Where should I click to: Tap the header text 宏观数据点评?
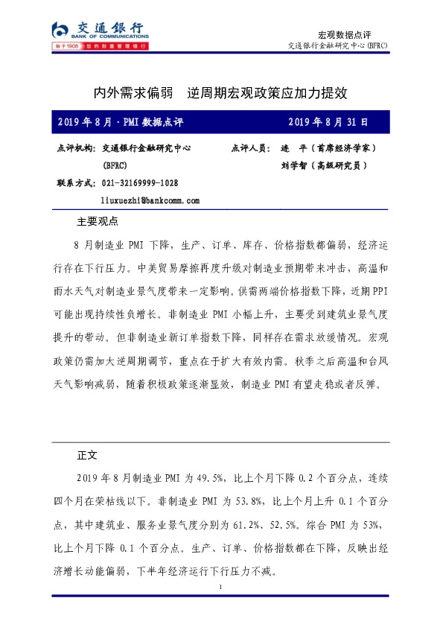[x=344, y=35]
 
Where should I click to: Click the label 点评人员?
[x=251, y=148]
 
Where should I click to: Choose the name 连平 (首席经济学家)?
[x=322, y=148]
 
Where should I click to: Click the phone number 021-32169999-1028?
[x=140, y=183]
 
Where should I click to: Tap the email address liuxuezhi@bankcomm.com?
[x=150, y=200]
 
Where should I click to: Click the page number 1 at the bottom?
[x=222, y=588]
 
